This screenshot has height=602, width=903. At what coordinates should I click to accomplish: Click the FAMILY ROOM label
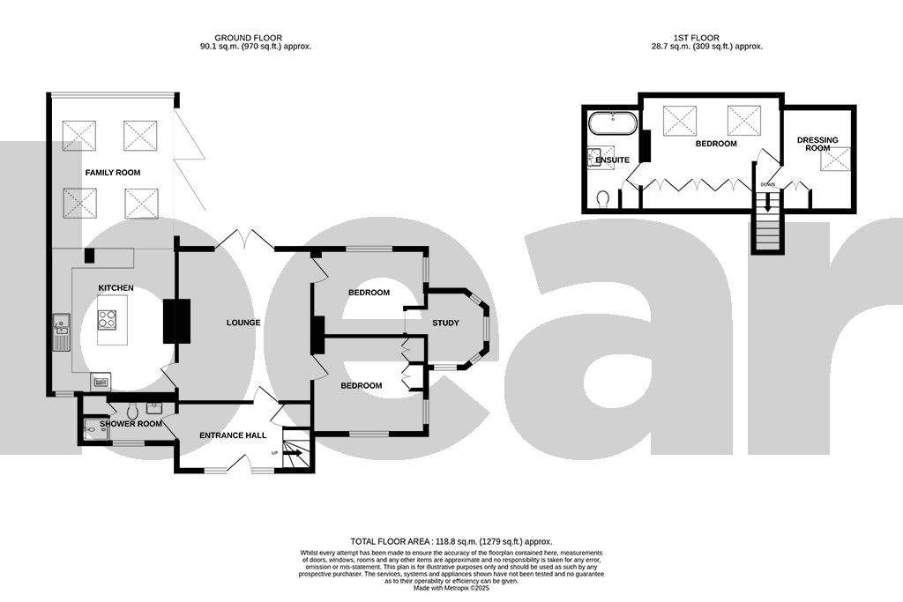pyautogui.click(x=112, y=173)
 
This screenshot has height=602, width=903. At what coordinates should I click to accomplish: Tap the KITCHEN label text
pyautogui.click(x=116, y=288)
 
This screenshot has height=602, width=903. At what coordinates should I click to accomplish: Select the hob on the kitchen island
pyautogui.click(x=108, y=320)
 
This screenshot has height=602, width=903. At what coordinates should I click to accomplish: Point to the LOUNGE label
pyautogui.click(x=243, y=323)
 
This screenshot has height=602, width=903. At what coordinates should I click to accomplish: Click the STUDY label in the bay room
pyautogui.click(x=445, y=323)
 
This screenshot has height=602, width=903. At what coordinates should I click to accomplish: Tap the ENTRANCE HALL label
pyautogui.click(x=233, y=435)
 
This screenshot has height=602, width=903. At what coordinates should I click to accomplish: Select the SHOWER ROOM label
pyautogui.click(x=131, y=424)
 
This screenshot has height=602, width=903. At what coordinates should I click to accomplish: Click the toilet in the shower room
pyautogui.click(x=132, y=412)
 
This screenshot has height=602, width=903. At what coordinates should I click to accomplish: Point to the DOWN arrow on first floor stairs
pyautogui.click(x=767, y=199)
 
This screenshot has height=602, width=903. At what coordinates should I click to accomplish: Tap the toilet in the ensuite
pyautogui.click(x=603, y=197)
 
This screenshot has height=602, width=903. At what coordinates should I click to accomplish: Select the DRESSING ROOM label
pyautogui.click(x=817, y=144)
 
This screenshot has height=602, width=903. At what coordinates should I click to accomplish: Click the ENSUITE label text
pyautogui.click(x=613, y=160)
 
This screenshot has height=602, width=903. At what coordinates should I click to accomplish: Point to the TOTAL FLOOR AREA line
pyautogui.click(x=451, y=542)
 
